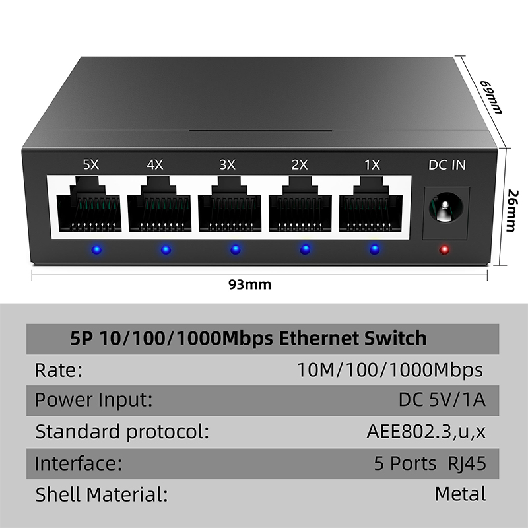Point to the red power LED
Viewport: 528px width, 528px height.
pyautogui.click(x=444, y=249)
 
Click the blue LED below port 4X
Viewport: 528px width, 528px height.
pyautogui.click(x=166, y=249)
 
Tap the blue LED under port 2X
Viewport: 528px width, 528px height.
pyautogui.click(x=305, y=249)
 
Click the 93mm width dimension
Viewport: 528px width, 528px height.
pyautogui.click(x=249, y=285)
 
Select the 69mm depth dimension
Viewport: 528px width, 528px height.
pyautogui.click(x=490, y=96)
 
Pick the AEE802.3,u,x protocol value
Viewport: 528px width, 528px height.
pyautogui.click(x=426, y=432)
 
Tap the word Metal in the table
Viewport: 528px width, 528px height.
pyautogui.click(x=460, y=493)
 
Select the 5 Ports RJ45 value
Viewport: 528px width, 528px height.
pyautogui.click(x=430, y=463)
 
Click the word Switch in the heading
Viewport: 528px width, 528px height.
pyautogui.click(x=395, y=339)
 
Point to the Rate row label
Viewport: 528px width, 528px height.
pyautogui.click(x=59, y=370)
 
